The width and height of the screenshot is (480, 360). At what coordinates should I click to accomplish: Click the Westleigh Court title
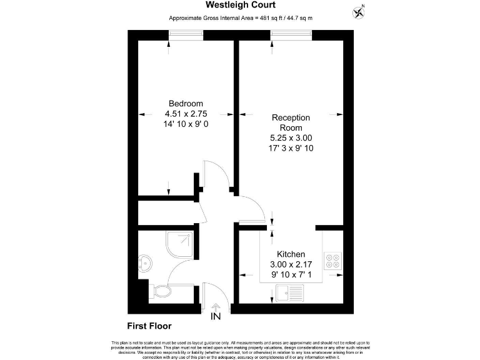point(241,5)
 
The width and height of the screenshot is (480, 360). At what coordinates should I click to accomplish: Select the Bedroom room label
point(186,104)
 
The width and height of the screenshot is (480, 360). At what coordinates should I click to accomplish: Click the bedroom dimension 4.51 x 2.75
point(186,114)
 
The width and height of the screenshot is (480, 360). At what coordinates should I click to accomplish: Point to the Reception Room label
point(291,122)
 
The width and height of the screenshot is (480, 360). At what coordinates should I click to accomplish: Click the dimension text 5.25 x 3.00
point(291,138)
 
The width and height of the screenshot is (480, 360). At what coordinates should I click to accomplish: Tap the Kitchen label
point(291,254)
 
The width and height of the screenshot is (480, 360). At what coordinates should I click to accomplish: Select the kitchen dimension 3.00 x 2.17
point(291,264)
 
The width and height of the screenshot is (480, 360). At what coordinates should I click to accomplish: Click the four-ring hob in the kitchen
point(332,261)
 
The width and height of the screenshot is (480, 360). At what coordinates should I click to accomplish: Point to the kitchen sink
point(289,291)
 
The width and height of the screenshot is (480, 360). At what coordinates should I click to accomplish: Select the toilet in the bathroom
point(160,291)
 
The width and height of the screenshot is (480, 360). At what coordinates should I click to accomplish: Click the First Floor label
point(149,326)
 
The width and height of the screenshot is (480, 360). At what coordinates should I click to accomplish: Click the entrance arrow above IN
point(216,306)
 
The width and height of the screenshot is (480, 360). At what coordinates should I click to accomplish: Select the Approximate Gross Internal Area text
point(241,18)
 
